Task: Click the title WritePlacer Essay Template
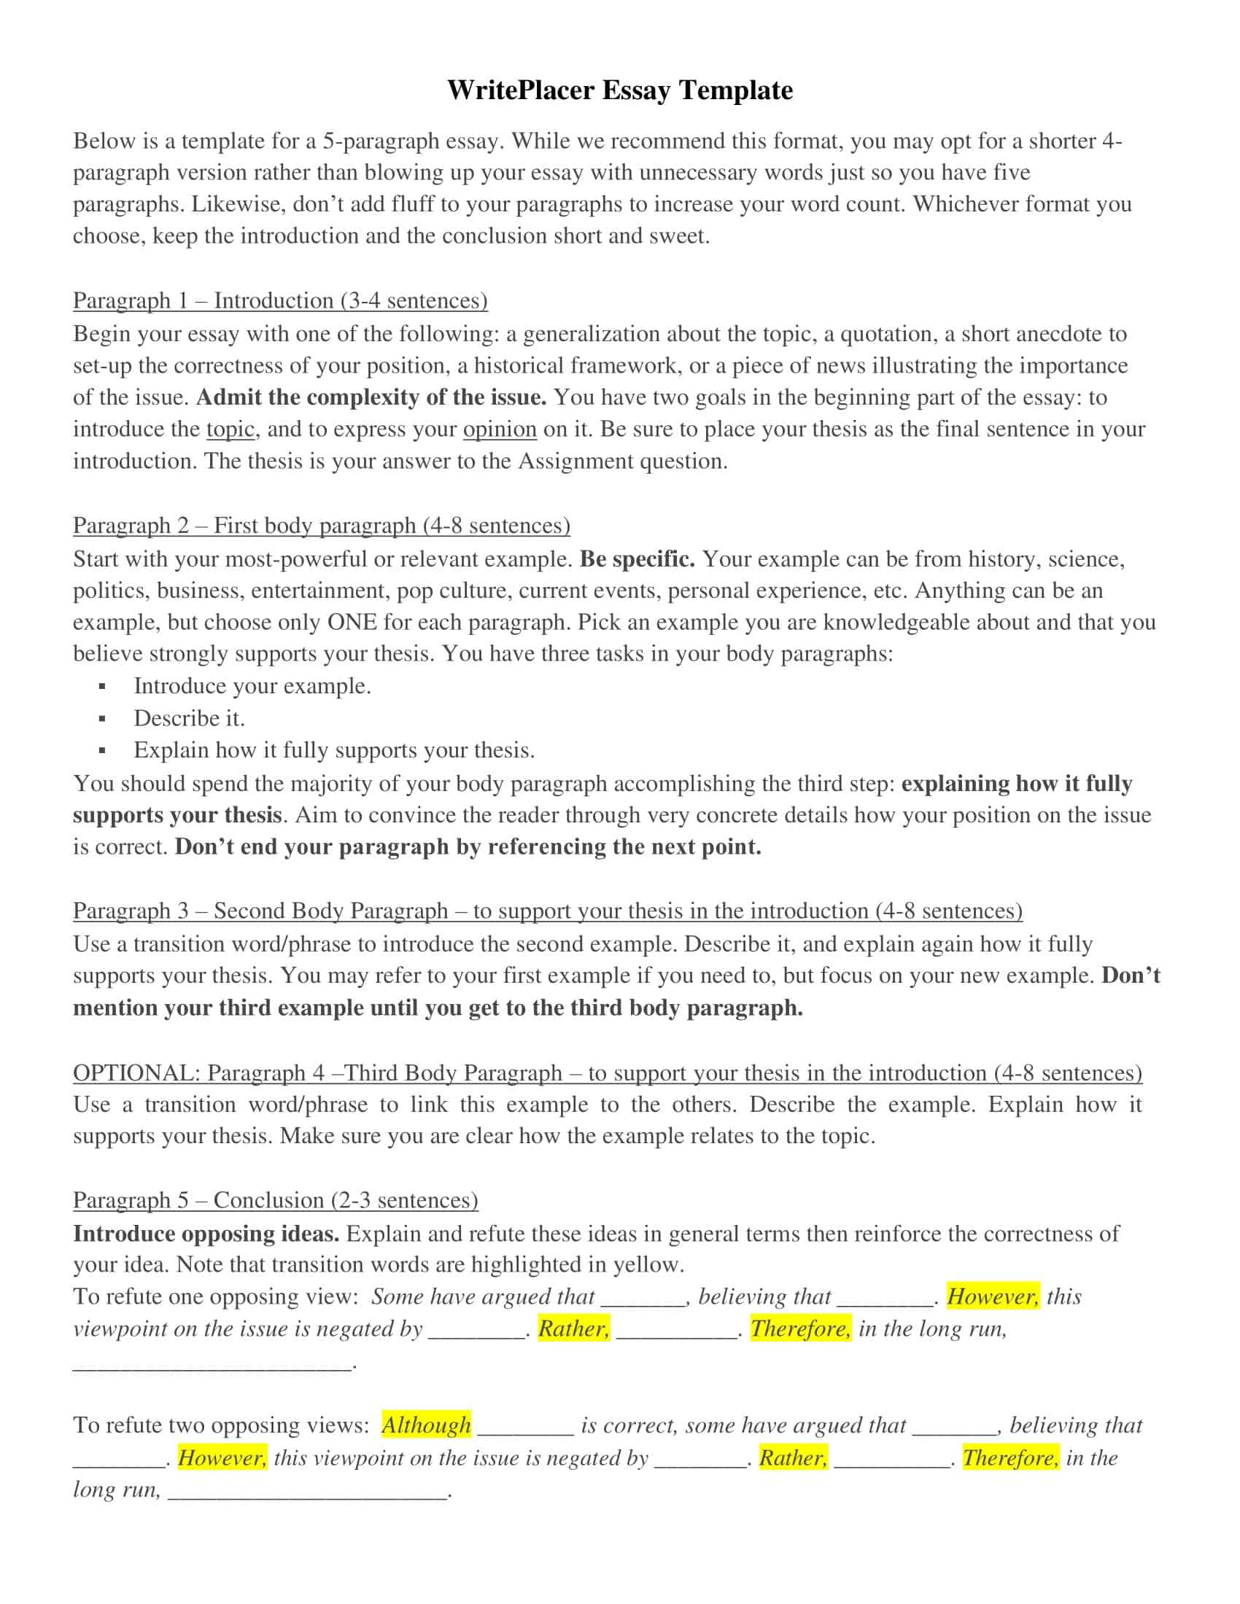pyautogui.click(x=619, y=90)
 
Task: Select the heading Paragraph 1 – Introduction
pyautogui.click(x=280, y=300)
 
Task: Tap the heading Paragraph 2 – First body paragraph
pyautogui.click(x=321, y=525)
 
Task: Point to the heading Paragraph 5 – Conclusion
pyautogui.click(x=276, y=1199)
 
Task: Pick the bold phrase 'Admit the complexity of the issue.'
pyautogui.click(x=371, y=397)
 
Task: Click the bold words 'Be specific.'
pyautogui.click(x=637, y=559)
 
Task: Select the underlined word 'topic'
pyautogui.click(x=230, y=429)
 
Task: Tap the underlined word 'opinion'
pyautogui.click(x=500, y=429)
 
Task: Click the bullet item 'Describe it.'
pyautogui.click(x=189, y=717)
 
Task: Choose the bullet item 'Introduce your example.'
pyautogui.click(x=252, y=685)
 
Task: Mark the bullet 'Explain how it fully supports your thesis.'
pyautogui.click(x=333, y=750)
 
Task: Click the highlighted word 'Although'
pyautogui.click(x=426, y=1425)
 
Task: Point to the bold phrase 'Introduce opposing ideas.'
pyautogui.click(x=206, y=1233)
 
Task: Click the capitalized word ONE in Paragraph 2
pyautogui.click(x=352, y=622)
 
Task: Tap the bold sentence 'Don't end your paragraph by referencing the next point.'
pyautogui.click(x=468, y=846)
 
